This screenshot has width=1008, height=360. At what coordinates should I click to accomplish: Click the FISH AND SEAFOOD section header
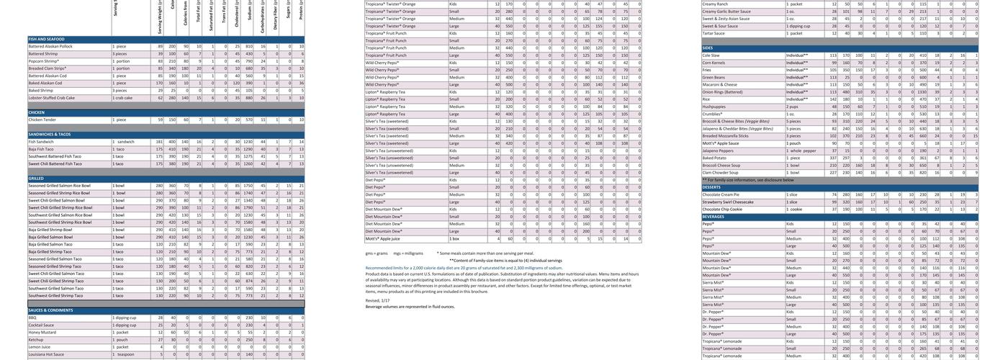pos(46,39)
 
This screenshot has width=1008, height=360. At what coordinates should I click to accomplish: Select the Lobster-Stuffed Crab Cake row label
pos(51,98)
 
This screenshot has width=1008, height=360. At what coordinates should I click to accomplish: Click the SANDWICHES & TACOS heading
pos(49,135)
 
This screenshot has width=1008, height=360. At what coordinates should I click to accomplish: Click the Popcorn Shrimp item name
pos(43,61)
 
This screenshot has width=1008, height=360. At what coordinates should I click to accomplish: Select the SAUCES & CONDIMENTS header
pos(50,310)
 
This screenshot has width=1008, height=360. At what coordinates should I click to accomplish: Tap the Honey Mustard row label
pos(42,333)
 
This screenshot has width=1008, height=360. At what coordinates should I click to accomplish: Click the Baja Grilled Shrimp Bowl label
pos(50,230)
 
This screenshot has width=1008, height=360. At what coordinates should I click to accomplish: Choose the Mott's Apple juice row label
pos(382,238)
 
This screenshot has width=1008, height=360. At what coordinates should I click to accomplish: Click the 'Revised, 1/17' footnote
pos(377,300)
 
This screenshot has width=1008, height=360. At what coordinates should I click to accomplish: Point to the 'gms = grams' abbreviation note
pos(377,253)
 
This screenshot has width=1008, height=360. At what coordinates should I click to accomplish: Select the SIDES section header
pos(708,48)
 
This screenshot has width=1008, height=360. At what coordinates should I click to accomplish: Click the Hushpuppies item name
pos(715,107)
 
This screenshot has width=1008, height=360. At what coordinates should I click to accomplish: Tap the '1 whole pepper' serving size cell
pos(801,150)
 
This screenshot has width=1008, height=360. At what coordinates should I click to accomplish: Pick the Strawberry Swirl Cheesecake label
pos(728,202)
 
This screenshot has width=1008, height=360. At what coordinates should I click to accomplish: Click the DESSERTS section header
pos(711,187)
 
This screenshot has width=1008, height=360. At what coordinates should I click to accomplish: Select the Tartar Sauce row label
pos(714,33)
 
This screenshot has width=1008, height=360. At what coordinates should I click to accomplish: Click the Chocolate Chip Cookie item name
pos(722,210)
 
